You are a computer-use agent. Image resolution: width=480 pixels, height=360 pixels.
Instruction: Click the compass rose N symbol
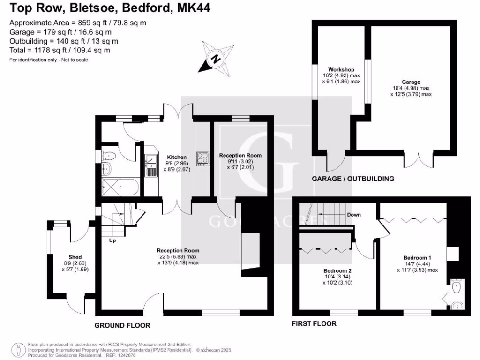click(217, 59)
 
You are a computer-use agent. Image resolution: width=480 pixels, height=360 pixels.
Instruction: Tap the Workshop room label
click(341, 69)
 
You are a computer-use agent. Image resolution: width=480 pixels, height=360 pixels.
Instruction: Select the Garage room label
click(411, 82)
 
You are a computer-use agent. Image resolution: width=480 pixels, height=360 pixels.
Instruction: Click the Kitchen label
click(177, 157)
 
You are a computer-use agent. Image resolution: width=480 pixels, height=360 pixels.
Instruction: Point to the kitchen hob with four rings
click(202, 159)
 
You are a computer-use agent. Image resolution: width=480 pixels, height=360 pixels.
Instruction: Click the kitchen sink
click(151, 161)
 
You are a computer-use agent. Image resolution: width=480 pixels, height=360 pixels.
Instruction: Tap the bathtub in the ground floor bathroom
click(120, 187)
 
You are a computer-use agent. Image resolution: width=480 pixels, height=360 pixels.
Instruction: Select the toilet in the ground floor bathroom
click(109, 156)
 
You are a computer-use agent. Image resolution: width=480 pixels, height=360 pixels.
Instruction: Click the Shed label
click(75, 257)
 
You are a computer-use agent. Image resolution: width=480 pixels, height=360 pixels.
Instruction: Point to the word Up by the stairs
click(112, 240)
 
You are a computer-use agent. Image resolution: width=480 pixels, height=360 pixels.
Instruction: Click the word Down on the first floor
click(354, 215)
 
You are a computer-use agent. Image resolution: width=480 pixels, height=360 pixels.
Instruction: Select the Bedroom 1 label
click(417, 258)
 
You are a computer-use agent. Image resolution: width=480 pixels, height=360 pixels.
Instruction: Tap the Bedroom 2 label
click(337, 270)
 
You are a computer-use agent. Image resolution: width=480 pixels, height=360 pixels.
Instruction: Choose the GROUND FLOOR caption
click(122, 325)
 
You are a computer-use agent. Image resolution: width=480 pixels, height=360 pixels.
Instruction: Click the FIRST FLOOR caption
click(314, 323)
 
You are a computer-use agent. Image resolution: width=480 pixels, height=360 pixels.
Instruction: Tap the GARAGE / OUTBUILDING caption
click(353, 179)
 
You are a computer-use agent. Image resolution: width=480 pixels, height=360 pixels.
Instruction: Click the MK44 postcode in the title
click(194, 7)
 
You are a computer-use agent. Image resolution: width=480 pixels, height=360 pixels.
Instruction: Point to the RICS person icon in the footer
click(19, 350)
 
